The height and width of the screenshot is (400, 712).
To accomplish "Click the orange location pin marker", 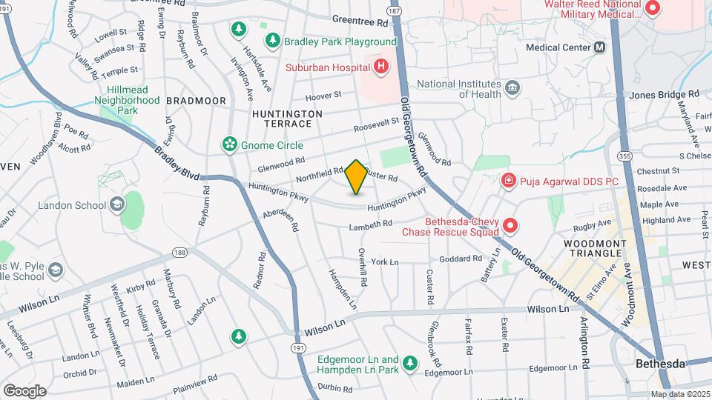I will [x=356, y=176].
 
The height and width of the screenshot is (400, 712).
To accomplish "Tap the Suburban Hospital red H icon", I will [x=381, y=67].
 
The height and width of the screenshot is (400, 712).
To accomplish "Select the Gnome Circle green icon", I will [x=230, y=144].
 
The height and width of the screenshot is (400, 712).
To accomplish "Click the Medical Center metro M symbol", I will [x=600, y=47].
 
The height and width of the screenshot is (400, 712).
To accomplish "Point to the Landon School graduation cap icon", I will [x=116, y=204].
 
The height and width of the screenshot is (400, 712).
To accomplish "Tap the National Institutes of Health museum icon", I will [x=512, y=90].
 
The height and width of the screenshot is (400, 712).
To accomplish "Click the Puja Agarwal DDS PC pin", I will [x=509, y=180].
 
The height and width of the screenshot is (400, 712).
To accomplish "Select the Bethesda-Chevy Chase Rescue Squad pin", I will [x=510, y=224].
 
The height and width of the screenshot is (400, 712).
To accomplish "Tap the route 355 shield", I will [x=624, y=156].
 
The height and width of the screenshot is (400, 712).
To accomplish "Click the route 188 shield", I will [x=179, y=253].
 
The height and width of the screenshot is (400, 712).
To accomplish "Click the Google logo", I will [x=24, y=390].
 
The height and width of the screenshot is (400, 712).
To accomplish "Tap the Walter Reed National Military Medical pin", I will [x=653, y=8].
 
